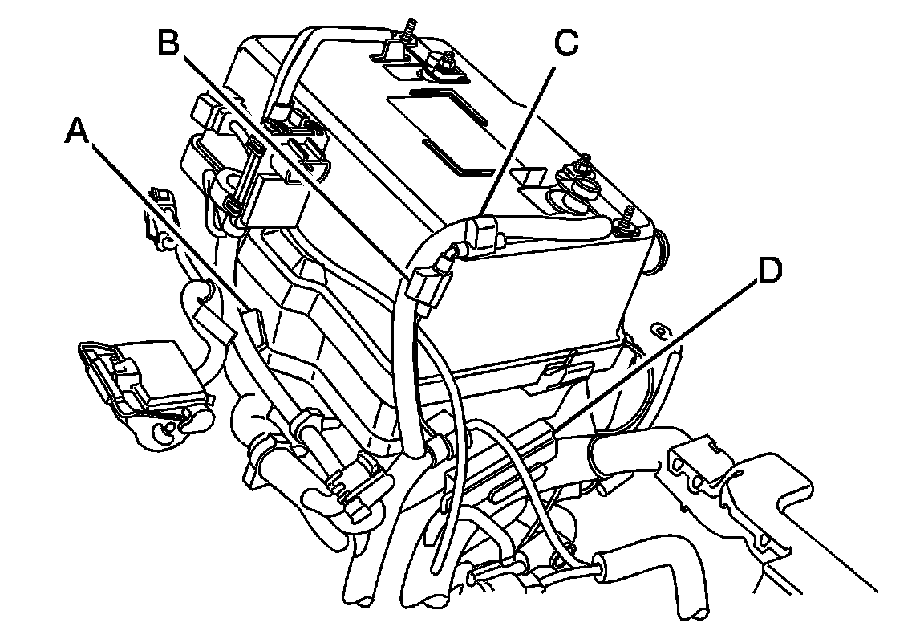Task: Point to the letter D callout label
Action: [768, 271]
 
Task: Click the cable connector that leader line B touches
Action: [432, 287]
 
